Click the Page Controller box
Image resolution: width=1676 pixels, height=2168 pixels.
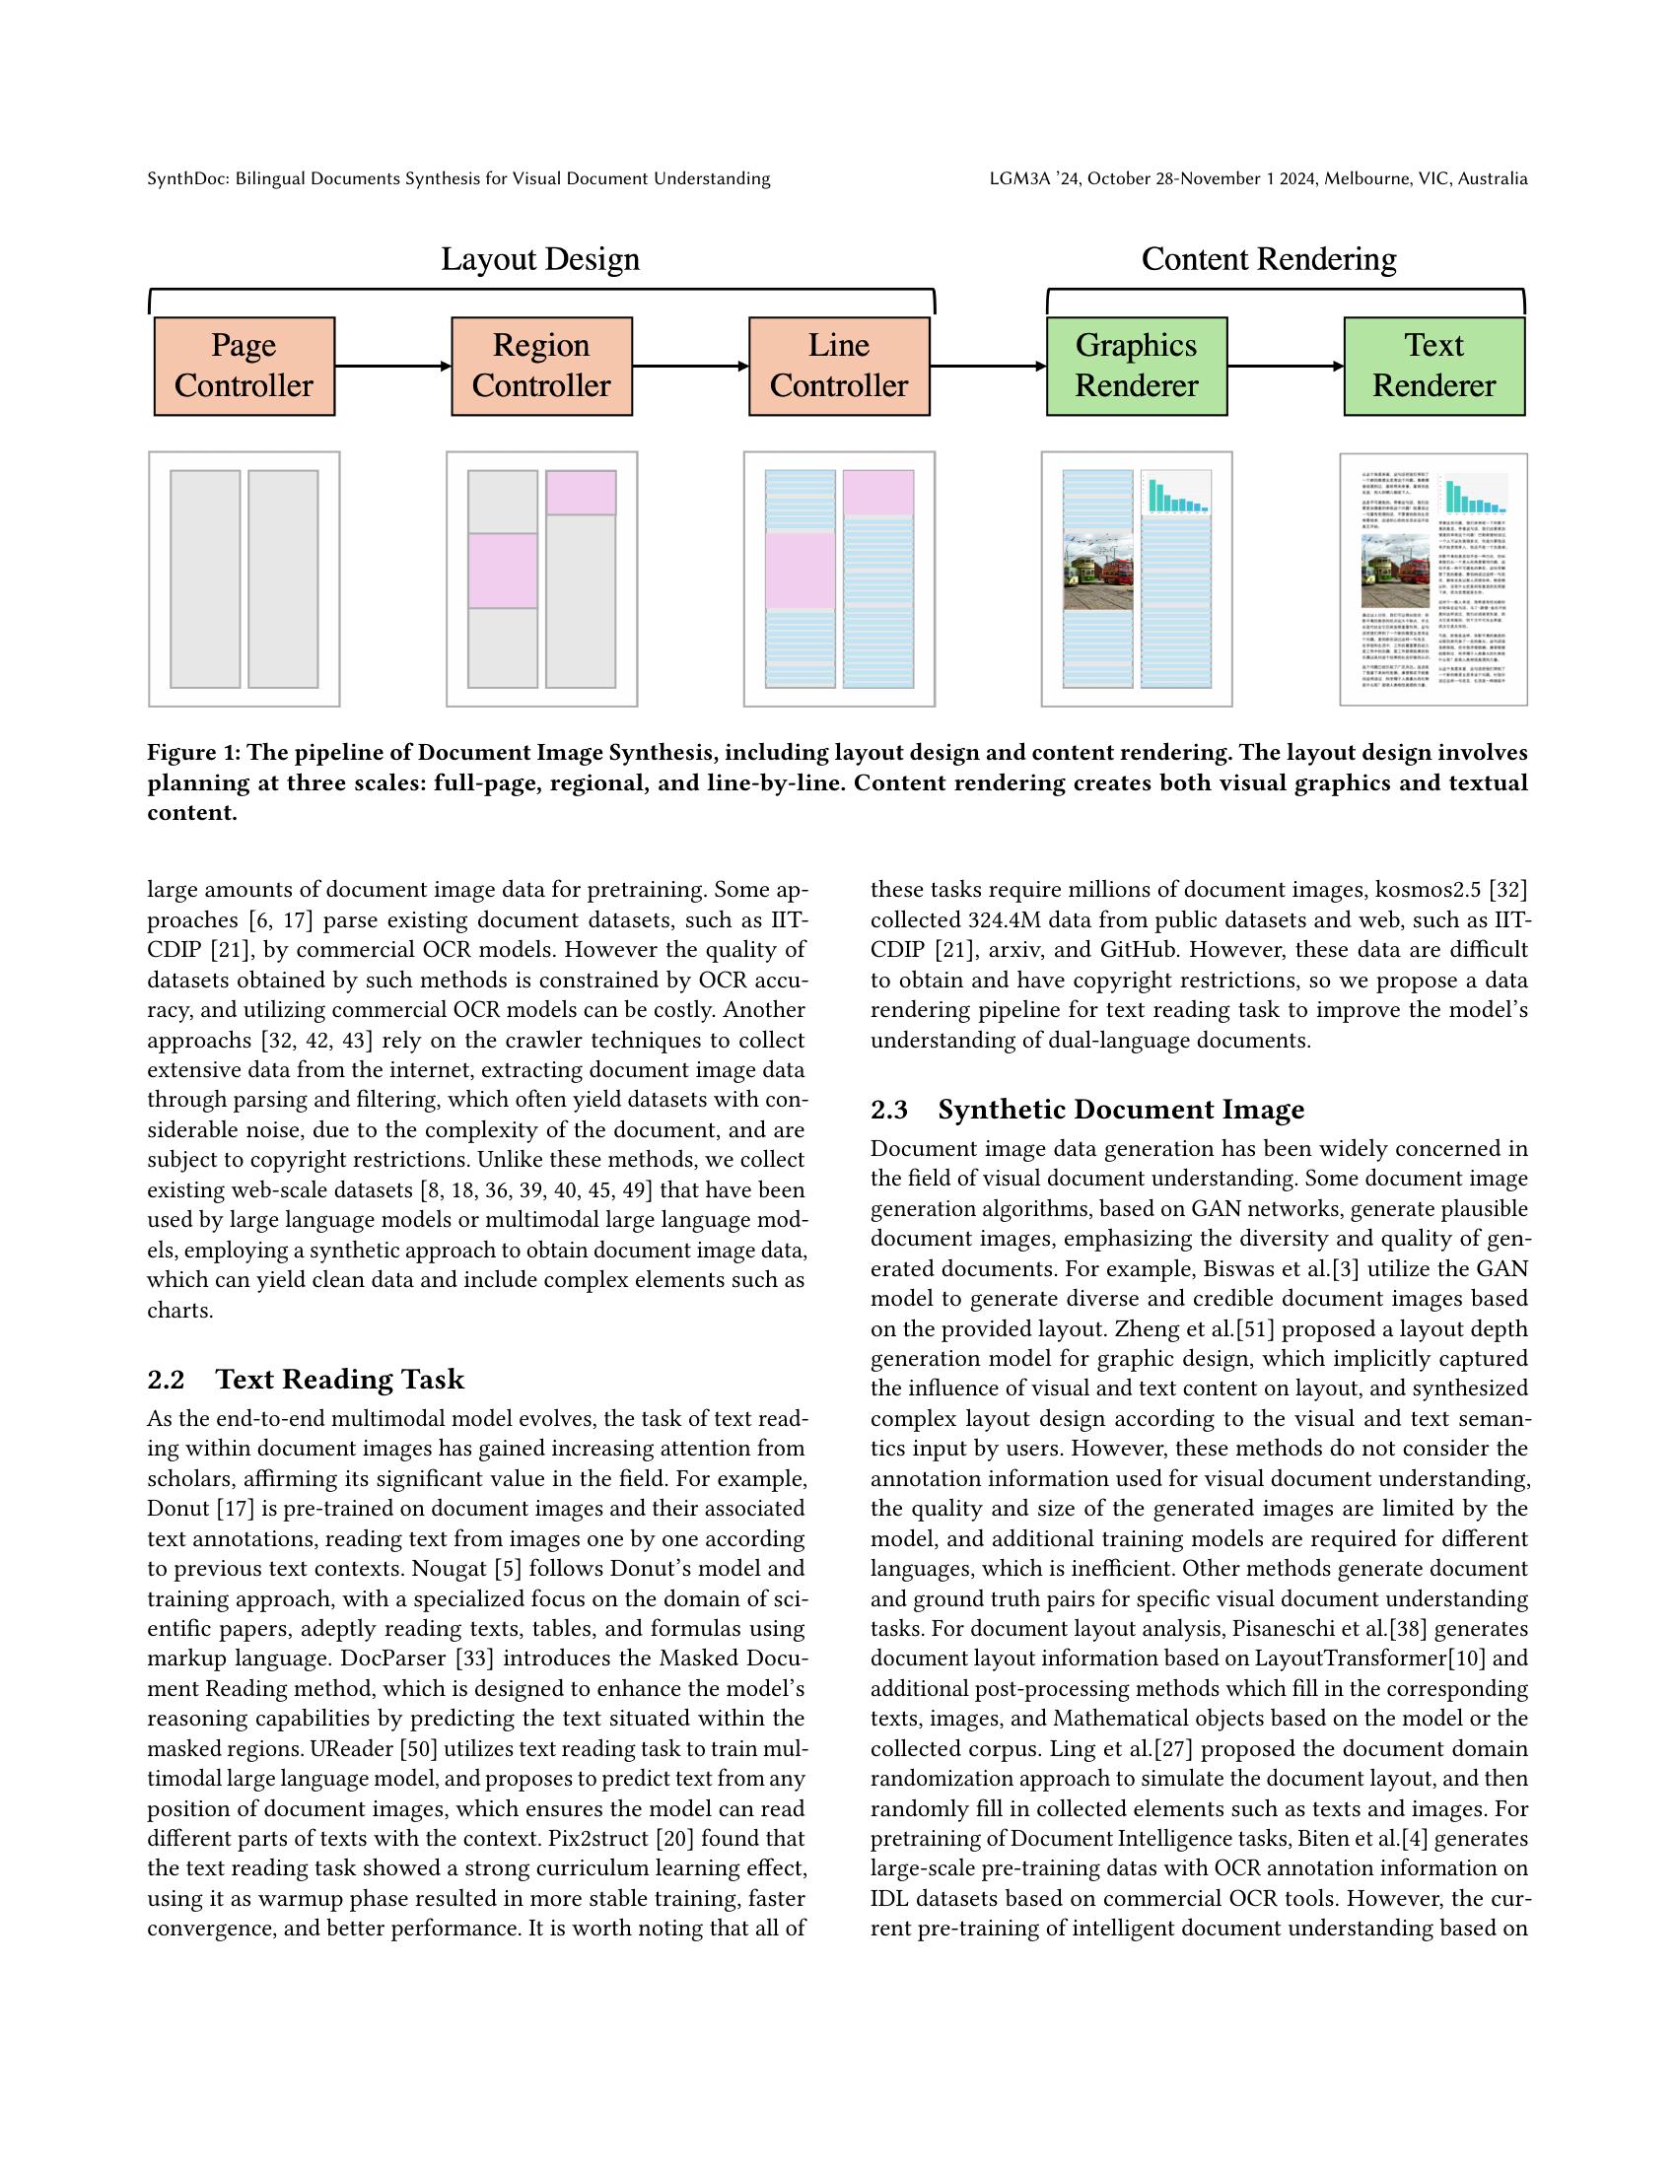coord(244,367)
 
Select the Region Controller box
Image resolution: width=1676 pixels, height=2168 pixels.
coord(541,367)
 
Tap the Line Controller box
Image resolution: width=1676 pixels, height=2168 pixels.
coord(839,367)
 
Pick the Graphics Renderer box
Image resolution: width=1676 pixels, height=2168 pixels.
coord(1136,367)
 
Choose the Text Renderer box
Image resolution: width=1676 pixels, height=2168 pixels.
coord(1433,367)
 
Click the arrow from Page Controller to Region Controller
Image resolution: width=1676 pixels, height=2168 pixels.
coord(392,367)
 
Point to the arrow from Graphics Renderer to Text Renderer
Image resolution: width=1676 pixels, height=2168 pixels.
coord(1285,367)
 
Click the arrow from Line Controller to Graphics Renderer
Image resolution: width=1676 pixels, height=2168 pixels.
coord(987,367)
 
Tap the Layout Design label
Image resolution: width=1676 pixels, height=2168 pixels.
coord(540,259)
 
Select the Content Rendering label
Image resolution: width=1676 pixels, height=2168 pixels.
coord(1268,259)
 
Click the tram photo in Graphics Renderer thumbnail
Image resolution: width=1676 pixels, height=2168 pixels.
coord(1098,571)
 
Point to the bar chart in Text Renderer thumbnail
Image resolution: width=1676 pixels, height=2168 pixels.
coord(1475,496)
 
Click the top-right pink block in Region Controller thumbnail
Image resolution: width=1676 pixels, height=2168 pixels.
coord(581,493)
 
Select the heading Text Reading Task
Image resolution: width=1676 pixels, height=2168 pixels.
coord(339,1379)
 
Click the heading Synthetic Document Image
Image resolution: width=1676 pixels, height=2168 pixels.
coord(1120,1109)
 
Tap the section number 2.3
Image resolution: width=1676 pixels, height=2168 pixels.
coord(888,1109)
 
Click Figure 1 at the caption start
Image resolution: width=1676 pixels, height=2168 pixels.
coord(192,753)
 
